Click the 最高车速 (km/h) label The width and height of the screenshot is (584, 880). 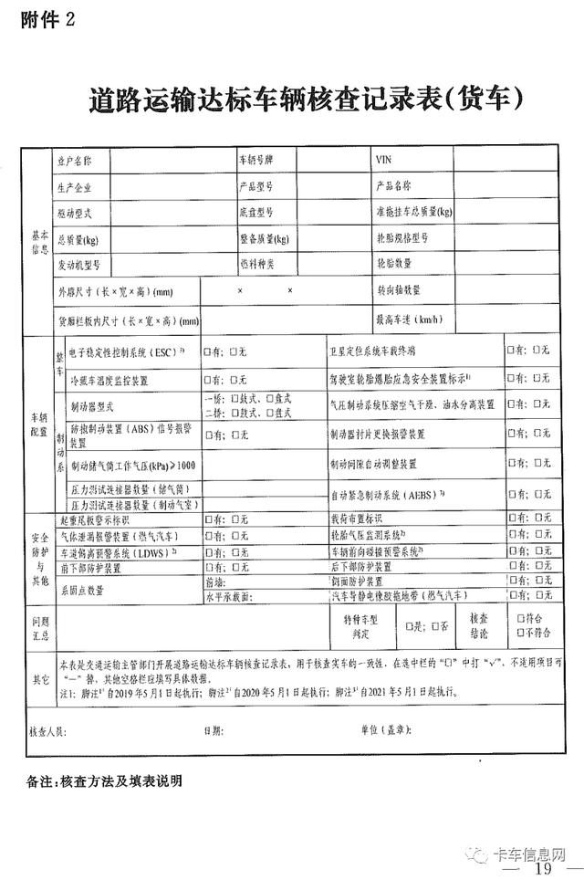[408, 320]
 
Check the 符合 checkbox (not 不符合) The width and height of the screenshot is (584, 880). [521, 617]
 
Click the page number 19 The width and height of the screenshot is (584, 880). [544, 868]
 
